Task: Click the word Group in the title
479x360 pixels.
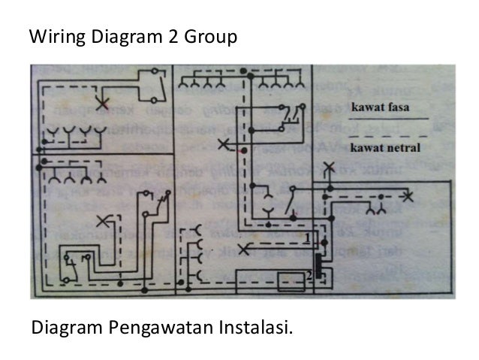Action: click(212, 36)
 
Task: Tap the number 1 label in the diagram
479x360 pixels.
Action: click(308, 238)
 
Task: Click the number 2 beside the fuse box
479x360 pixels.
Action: click(309, 276)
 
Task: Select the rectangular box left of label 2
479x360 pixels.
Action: click(288, 281)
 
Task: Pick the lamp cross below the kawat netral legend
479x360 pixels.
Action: click(408, 197)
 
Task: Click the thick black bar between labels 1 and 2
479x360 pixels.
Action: click(318, 259)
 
